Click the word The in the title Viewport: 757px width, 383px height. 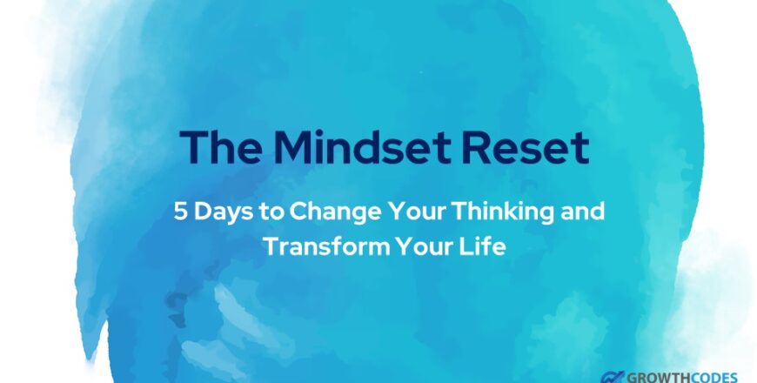coord(221,147)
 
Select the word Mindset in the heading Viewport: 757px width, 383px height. coord(362,147)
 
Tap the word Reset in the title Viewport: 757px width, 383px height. coord(526,147)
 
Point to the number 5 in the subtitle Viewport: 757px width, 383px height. coord(180,211)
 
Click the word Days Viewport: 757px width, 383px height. coord(223,212)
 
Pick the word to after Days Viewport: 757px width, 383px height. coord(271,212)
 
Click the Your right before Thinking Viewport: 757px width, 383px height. coord(419,211)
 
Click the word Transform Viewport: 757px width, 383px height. coord(327,246)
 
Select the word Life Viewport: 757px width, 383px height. coord(484,246)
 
